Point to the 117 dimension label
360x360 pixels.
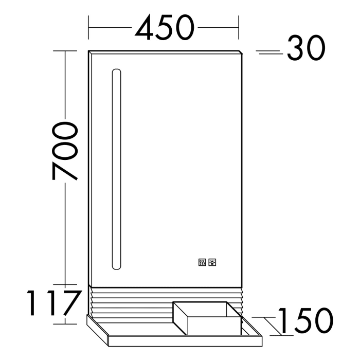pyautogui.click(x=54, y=304)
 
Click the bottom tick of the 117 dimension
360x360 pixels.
pyautogui.click(x=65, y=324)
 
